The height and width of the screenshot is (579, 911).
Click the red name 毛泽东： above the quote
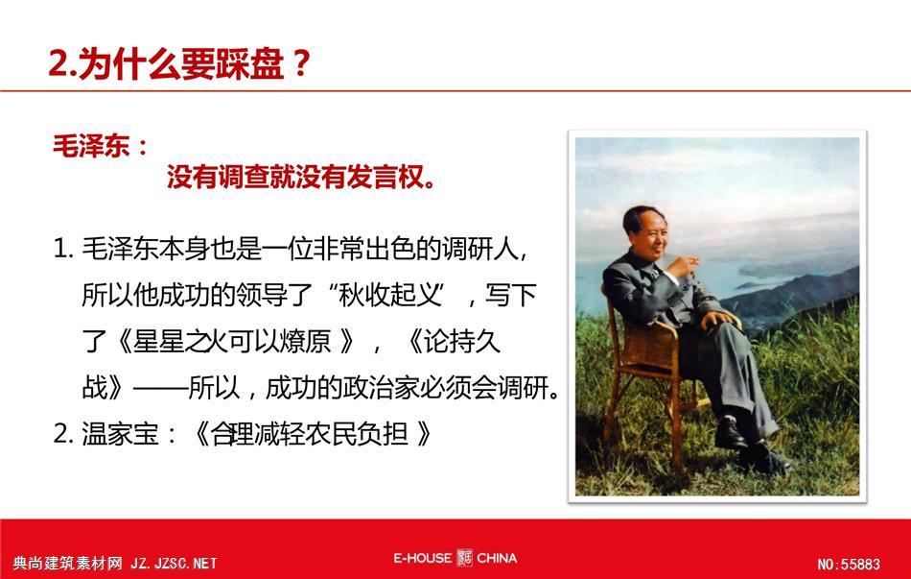point(101,146)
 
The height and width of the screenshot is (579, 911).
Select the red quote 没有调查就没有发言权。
point(301,177)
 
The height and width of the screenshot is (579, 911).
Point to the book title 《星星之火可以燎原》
point(235,341)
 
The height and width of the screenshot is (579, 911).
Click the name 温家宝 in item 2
point(120,433)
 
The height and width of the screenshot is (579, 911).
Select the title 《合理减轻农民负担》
point(312,433)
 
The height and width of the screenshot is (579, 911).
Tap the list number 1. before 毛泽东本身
point(63,250)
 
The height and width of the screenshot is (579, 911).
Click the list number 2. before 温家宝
point(63,434)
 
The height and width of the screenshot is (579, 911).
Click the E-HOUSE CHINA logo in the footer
point(455,558)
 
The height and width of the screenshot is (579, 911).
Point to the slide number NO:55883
point(849,564)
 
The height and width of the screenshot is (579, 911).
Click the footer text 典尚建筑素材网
point(67,564)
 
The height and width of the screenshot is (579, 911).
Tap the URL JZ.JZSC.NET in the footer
point(174,564)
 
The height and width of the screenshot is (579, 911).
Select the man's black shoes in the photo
point(750,446)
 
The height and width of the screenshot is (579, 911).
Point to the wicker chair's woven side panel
point(646,344)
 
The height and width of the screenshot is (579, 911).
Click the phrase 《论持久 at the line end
point(453,341)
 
